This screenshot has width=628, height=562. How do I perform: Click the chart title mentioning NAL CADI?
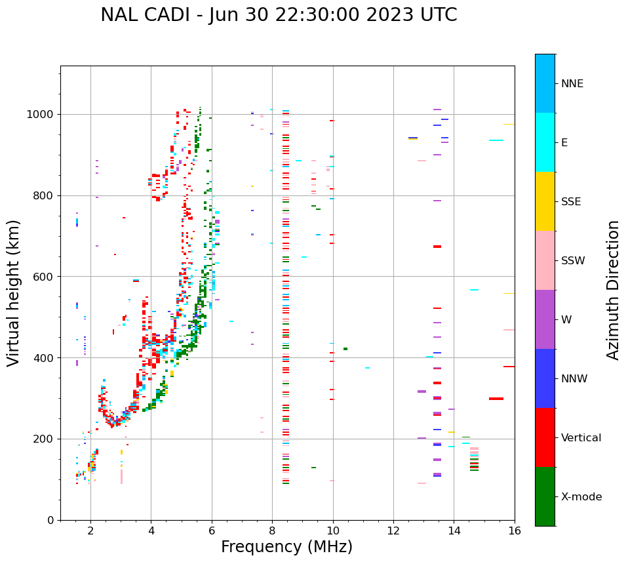pyautogui.click(x=279, y=15)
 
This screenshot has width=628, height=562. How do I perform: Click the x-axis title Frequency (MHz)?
pyautogui.click(x=286, y=547)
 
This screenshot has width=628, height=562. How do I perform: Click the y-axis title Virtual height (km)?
pyautogui.click(x=14, y=293)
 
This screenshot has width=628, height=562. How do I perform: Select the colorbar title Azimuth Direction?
pyautogui.click(x=613, y=290)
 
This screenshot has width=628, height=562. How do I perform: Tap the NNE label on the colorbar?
pyautogui.click(x=572, y=84)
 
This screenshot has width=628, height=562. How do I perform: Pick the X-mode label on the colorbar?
pyautogui.click(x=581, y=497)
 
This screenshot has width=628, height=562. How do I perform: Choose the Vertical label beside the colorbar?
pyautogui.click(x=581, y=438)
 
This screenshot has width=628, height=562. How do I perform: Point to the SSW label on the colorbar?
pyautogui.click(x=573, y=261)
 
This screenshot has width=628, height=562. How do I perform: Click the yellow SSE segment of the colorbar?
pyautogui.click(x=545, y=201)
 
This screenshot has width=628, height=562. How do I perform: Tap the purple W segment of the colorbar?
pyautogui.click(x=545, y=319)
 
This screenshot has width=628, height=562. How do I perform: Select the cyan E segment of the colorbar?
pyautogui.click(x=545, y=142)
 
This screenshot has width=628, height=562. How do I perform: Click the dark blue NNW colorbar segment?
pyautogui.click(x=545, y=378)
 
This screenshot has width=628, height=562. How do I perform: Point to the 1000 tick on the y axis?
pyautogui.click(x=43, y=114)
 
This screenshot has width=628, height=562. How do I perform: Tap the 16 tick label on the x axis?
pyautogui.click(x=514, y=531)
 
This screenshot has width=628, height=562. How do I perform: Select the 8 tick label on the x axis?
pyautogui.click(x=272, y=531)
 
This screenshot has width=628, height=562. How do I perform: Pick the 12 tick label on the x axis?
pyautogui.click(x=393, y=531)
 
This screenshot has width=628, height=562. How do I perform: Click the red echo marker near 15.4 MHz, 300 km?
pyautogui.click(x=496, y=399)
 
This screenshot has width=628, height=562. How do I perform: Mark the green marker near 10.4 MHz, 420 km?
pyautogui.click(x=345, y=349)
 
